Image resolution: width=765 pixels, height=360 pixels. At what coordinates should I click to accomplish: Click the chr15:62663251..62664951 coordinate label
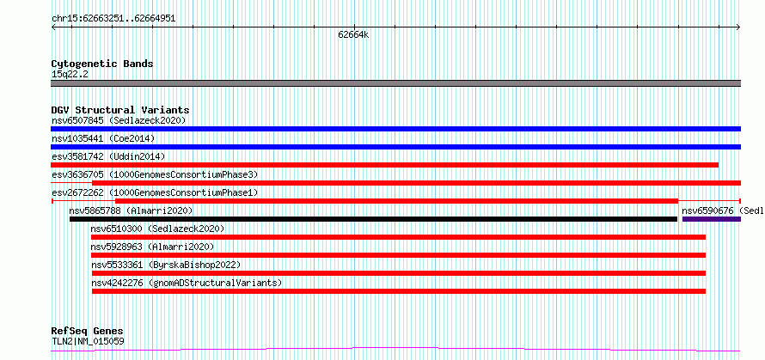113,19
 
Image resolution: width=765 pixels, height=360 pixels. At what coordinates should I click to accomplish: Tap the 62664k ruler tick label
354,35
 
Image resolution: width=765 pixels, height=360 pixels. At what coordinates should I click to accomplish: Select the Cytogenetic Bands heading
102,64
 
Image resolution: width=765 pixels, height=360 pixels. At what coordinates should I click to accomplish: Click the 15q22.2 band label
70,74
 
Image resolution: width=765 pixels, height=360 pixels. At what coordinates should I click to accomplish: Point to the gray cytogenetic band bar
395,83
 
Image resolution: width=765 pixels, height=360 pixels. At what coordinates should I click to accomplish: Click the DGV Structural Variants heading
120,110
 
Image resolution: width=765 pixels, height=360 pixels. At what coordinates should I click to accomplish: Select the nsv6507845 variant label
78,120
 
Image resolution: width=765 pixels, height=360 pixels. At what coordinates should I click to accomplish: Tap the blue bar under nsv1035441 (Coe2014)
395,147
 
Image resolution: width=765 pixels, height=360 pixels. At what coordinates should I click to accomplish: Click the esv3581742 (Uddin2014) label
108,156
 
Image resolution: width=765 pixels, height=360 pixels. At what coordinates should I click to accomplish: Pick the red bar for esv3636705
416,183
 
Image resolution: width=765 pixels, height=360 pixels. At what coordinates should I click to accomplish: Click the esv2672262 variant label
77,192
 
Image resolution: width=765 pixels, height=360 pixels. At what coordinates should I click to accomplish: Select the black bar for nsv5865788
373,219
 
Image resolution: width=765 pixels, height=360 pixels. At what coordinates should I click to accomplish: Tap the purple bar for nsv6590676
712,219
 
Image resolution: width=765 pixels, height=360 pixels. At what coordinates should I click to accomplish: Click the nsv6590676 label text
707,211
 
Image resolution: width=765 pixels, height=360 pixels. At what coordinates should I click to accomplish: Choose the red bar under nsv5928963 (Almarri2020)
398,255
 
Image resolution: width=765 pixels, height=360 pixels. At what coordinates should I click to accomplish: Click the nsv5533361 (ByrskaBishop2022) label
167,265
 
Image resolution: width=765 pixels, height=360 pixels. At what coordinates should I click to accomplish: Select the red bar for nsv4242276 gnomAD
399,291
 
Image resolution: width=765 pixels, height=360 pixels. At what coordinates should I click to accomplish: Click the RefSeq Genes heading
88,332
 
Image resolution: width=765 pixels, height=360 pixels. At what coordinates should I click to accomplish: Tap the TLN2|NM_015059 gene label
88,341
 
